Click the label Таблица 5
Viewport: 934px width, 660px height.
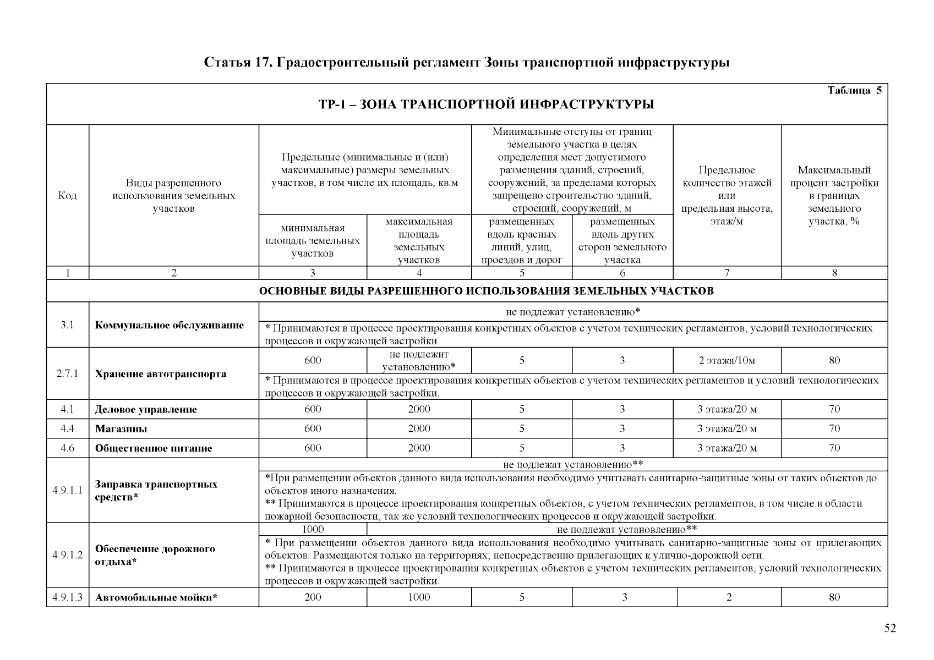(854, 91)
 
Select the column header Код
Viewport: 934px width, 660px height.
(67, 196)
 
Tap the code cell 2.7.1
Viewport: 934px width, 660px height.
(67, 374)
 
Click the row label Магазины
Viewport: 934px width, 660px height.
(121, 429)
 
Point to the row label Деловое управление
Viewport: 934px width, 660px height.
(146, 410)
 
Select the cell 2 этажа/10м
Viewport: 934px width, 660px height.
(727, 361)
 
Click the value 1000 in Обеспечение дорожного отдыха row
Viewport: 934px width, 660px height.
(313, 529)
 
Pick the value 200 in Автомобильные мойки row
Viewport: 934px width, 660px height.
(313, 597)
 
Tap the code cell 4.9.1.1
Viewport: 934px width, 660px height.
(67, 491)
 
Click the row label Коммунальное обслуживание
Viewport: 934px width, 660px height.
(170, 325)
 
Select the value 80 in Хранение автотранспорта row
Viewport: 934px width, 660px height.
(834, 361)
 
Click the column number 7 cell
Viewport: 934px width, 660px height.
(727, 273)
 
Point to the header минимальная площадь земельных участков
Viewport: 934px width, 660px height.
(313, 240)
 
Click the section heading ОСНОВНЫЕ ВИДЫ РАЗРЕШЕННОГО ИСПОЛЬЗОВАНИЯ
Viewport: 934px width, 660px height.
(486, 291)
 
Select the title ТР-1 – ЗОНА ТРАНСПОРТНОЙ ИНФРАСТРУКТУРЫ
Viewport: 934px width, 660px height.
(486, 105)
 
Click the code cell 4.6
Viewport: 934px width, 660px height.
(67, 448)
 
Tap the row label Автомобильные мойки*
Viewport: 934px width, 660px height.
(156, 597)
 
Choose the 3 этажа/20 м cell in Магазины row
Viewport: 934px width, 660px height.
(727, 429)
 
